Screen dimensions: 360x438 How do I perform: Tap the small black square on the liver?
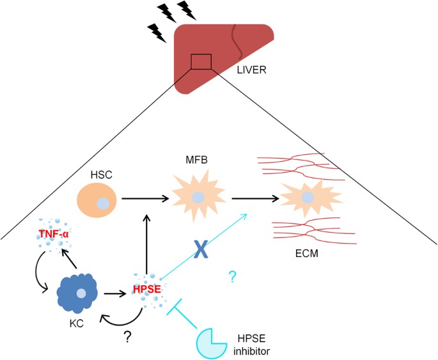click(x=201, y=61)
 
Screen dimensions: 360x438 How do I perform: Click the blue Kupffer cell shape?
click(x=79, y=292)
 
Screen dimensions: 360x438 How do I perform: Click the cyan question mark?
click(x=232, y=277)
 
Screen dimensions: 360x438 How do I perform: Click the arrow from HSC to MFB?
click(x=146, y=198)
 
